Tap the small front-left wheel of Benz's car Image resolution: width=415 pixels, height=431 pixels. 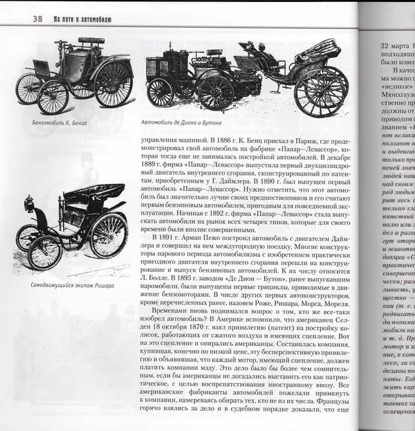pyautogui.click(x=29, y=89)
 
